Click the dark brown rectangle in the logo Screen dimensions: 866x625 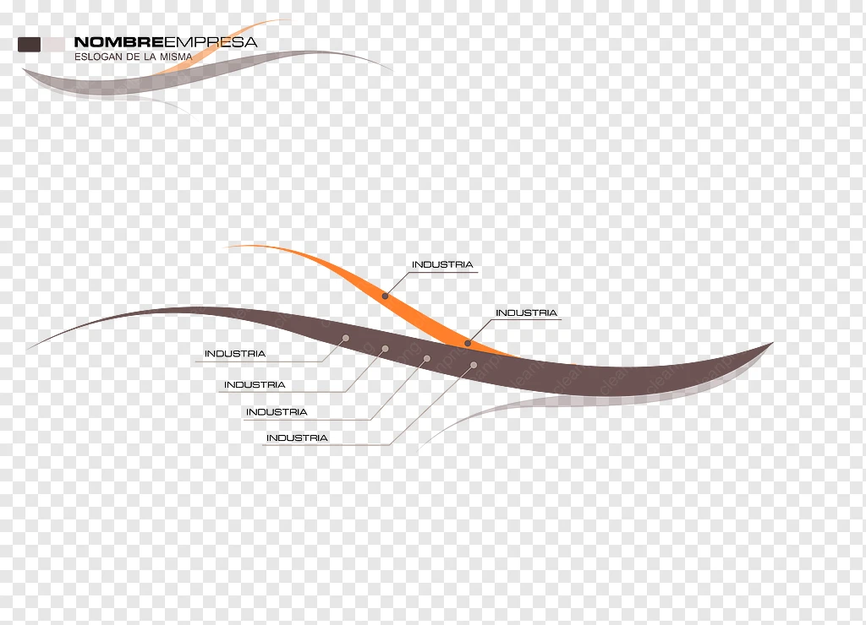coord(30,45)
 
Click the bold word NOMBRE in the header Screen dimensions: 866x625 coord(118,42)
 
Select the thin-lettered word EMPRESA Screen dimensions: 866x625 coord(211,42)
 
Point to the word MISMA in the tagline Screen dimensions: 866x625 coord(176,57)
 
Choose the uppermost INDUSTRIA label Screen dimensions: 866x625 coord(442,265)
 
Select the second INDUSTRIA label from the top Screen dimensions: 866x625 coord(526,312)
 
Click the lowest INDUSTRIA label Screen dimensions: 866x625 coord(297,438)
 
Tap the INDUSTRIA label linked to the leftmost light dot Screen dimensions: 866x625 coord(235,354)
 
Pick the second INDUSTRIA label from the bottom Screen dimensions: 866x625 coord(277,412)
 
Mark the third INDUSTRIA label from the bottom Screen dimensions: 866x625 coord(255,385)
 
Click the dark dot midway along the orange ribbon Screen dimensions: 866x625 coord(385,296)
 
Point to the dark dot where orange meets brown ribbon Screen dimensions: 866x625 coord(468,343)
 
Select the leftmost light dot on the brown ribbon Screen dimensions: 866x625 coord(346,338)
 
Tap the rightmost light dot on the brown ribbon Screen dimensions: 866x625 coord(474,365)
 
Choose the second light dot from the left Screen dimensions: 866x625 coord(385,349)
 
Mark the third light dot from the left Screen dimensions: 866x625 coord(427,359)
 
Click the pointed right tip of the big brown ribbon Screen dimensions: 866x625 coord(772,343)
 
